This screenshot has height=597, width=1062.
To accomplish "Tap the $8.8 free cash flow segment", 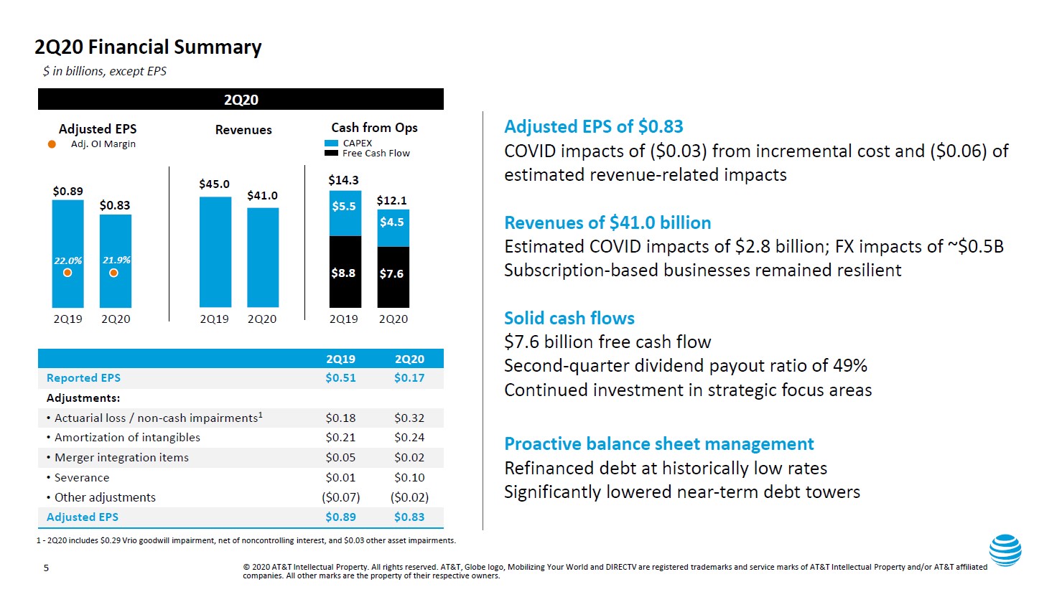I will [345, 272].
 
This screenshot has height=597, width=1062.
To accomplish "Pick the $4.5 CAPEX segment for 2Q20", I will [393, 223].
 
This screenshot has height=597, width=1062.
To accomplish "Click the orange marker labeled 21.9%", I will [113, 273].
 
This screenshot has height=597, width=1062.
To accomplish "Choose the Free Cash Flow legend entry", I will [368, 154].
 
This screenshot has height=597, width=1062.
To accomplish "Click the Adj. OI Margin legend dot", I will [52, 144].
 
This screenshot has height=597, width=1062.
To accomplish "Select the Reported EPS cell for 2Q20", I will [409, 378].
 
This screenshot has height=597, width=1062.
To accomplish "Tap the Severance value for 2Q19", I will [340, 478].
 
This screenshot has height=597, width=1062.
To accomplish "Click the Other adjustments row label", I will [105, 497].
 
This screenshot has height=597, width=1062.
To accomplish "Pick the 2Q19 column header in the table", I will [340, 359].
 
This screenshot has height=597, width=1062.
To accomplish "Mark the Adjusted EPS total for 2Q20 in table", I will [409, 517].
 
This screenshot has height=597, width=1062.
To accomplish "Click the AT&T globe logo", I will [1005, 550].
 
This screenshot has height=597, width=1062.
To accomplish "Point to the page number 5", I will [47, 568].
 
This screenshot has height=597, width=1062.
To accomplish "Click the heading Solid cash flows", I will [569, 319].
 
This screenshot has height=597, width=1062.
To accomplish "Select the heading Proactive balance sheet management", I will [658, 444].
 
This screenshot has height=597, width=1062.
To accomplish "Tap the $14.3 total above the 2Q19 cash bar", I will [343, 180].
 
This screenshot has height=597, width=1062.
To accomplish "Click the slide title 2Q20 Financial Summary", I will [148, 47].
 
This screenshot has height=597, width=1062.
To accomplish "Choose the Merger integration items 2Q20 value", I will [409, 458].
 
